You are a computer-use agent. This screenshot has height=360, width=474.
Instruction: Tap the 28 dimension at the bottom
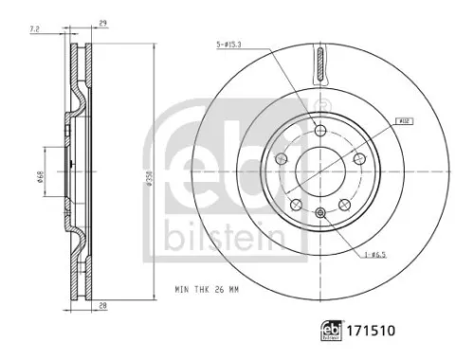pyautogui.click(x=101, y=305)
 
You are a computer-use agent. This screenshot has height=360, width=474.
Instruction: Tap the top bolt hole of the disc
pyautogui.click(x=320, y=130)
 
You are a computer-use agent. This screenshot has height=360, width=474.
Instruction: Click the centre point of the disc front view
pyautogui.click(x=320, y=173)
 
